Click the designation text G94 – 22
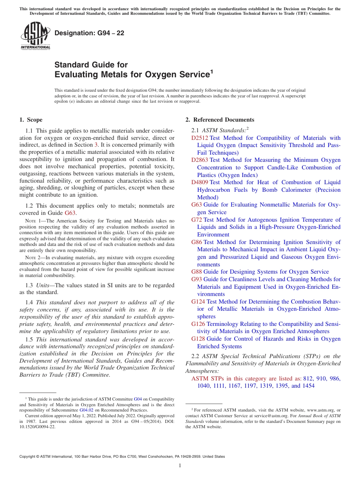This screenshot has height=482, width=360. point(89,33)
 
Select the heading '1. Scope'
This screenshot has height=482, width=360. point(31,120)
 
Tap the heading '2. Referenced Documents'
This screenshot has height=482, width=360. point(220,120)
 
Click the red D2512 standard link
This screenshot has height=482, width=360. point(200,138)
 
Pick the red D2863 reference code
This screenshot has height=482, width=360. point(200,160)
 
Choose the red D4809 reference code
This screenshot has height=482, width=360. point(200,182)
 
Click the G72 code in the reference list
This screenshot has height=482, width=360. point(197,219)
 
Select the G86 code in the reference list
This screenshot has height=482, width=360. point(197,242)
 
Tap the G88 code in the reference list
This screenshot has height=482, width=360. point(197,272)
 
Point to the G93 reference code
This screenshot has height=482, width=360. point(197,279)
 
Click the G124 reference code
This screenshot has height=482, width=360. point(198,302)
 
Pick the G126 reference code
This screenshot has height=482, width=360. point(198,324)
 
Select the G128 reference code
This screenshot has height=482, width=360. point(198,339)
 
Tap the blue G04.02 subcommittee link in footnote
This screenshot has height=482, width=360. point(86,410)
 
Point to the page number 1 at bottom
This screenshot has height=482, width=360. point(180,466)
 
